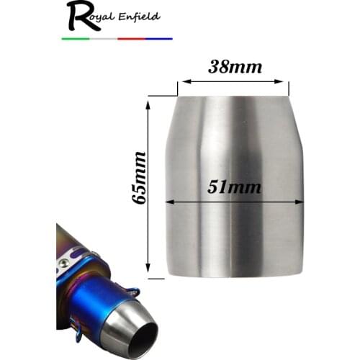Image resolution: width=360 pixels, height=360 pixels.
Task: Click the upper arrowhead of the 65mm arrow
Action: click(x=150, y=104)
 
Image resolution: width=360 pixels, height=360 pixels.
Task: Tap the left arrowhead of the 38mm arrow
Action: click(x=182, y=81)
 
